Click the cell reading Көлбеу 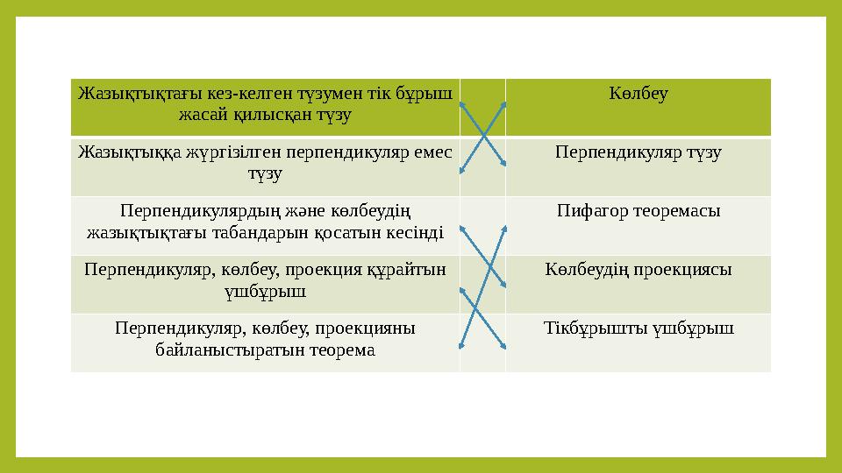tap(639, 95)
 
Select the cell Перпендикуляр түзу tap(639, 153)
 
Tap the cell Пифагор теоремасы tap(639, 211)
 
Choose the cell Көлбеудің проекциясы tap(639, 269)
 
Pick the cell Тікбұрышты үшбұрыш tap(639, 328)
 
